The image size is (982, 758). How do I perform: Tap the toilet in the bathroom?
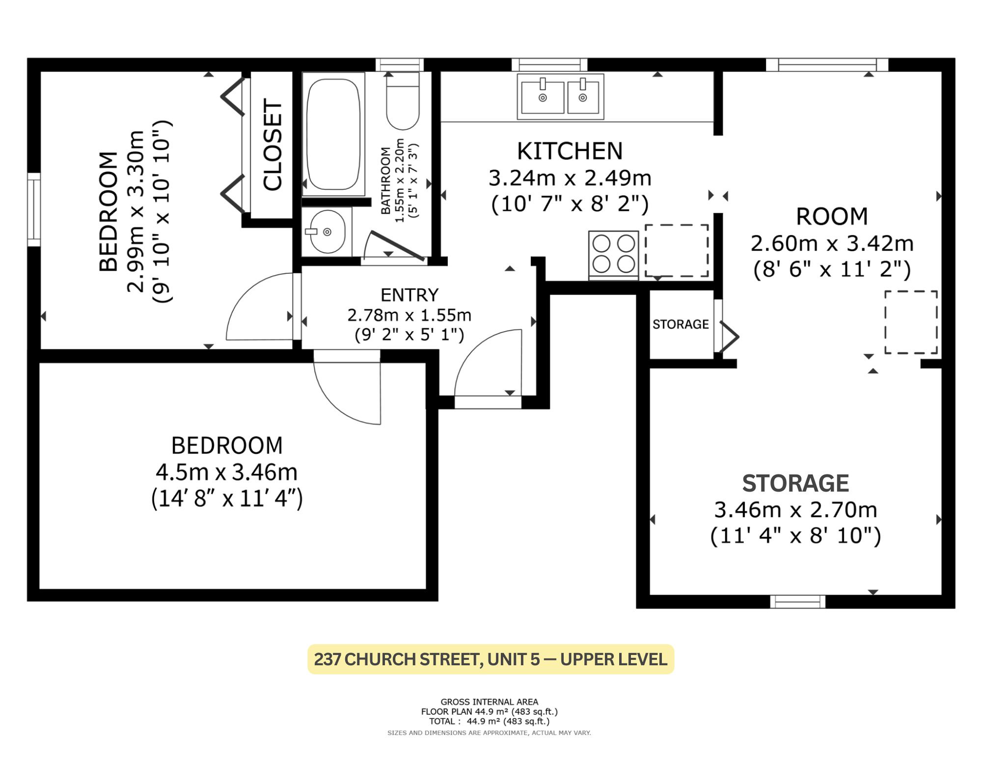403,101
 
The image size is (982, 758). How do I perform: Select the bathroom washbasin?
327,232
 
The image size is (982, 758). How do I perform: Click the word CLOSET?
273,145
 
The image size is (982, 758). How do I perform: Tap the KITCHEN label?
570,151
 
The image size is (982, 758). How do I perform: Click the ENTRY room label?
409,295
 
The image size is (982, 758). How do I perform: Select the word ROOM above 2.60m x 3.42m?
832,216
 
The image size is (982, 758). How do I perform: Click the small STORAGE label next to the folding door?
681,324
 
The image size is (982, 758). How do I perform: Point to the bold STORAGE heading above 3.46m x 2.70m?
795,483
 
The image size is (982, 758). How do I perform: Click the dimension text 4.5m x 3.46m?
227,472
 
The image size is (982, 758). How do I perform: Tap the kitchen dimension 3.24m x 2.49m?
570,178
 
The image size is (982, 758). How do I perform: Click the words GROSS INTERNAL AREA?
489,702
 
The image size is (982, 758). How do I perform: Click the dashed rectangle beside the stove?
677,251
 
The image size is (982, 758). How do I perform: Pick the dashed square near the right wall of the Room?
911,322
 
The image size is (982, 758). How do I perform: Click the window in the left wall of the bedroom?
34,209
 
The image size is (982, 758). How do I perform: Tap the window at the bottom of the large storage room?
797,601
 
